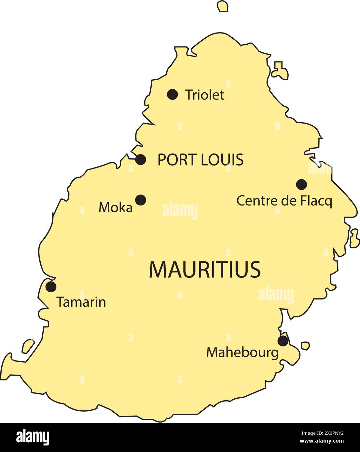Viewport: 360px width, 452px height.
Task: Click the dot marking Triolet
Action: (173, 94)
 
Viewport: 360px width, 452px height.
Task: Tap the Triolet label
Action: (205, 95)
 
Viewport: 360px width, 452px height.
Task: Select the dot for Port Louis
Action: (141, 160)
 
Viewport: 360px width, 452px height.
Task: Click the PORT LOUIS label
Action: (201, 160)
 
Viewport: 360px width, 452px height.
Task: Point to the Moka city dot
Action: (141, 200)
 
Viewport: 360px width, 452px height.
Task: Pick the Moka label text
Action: (116, 207)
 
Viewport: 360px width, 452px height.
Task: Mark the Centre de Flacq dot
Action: (301, 184)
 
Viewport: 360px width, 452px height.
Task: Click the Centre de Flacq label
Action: (284, 201)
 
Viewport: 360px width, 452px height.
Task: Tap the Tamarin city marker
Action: (51, 286)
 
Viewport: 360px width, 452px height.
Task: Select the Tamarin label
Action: (81, 302)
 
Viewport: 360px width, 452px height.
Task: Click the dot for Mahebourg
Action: (283, 341)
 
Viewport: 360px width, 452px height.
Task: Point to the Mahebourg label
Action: (242, 352)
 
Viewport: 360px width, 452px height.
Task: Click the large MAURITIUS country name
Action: (205, 269)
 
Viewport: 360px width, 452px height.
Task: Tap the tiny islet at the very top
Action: (223, 6)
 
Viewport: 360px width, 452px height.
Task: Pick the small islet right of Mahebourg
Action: (305, 345)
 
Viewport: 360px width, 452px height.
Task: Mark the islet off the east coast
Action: (354, 238)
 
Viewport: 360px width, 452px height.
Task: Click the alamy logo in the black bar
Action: (33, 437)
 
